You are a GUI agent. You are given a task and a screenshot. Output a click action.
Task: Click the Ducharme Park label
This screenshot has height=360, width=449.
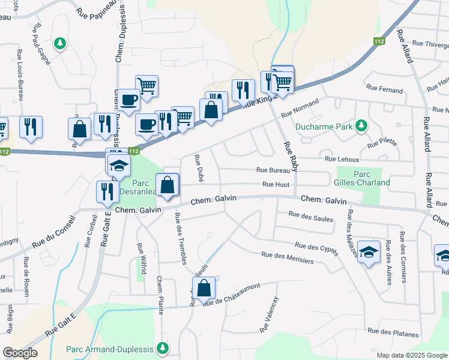pos(324,127)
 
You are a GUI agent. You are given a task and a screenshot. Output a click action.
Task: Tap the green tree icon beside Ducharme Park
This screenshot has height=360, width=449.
pos(361,125)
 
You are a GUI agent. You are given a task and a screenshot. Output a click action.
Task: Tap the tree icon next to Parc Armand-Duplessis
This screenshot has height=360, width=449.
pos(161,347)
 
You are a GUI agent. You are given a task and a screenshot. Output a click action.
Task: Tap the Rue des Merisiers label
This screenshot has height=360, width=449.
pos(287,258)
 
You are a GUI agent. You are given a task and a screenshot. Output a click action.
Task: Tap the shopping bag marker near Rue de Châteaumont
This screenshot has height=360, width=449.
pos(205,288)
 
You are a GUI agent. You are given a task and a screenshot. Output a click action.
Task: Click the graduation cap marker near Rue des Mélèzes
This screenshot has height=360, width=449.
pos(368,251)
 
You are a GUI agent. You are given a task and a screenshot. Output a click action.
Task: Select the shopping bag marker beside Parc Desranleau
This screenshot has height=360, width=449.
pos(167,185)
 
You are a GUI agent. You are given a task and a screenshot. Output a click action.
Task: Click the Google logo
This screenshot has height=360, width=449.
pos(20,353)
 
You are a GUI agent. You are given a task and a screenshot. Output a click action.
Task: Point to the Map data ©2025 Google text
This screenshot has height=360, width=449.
pos(411,355)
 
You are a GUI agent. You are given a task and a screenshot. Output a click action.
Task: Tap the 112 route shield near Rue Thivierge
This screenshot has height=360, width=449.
pos(378,41)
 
